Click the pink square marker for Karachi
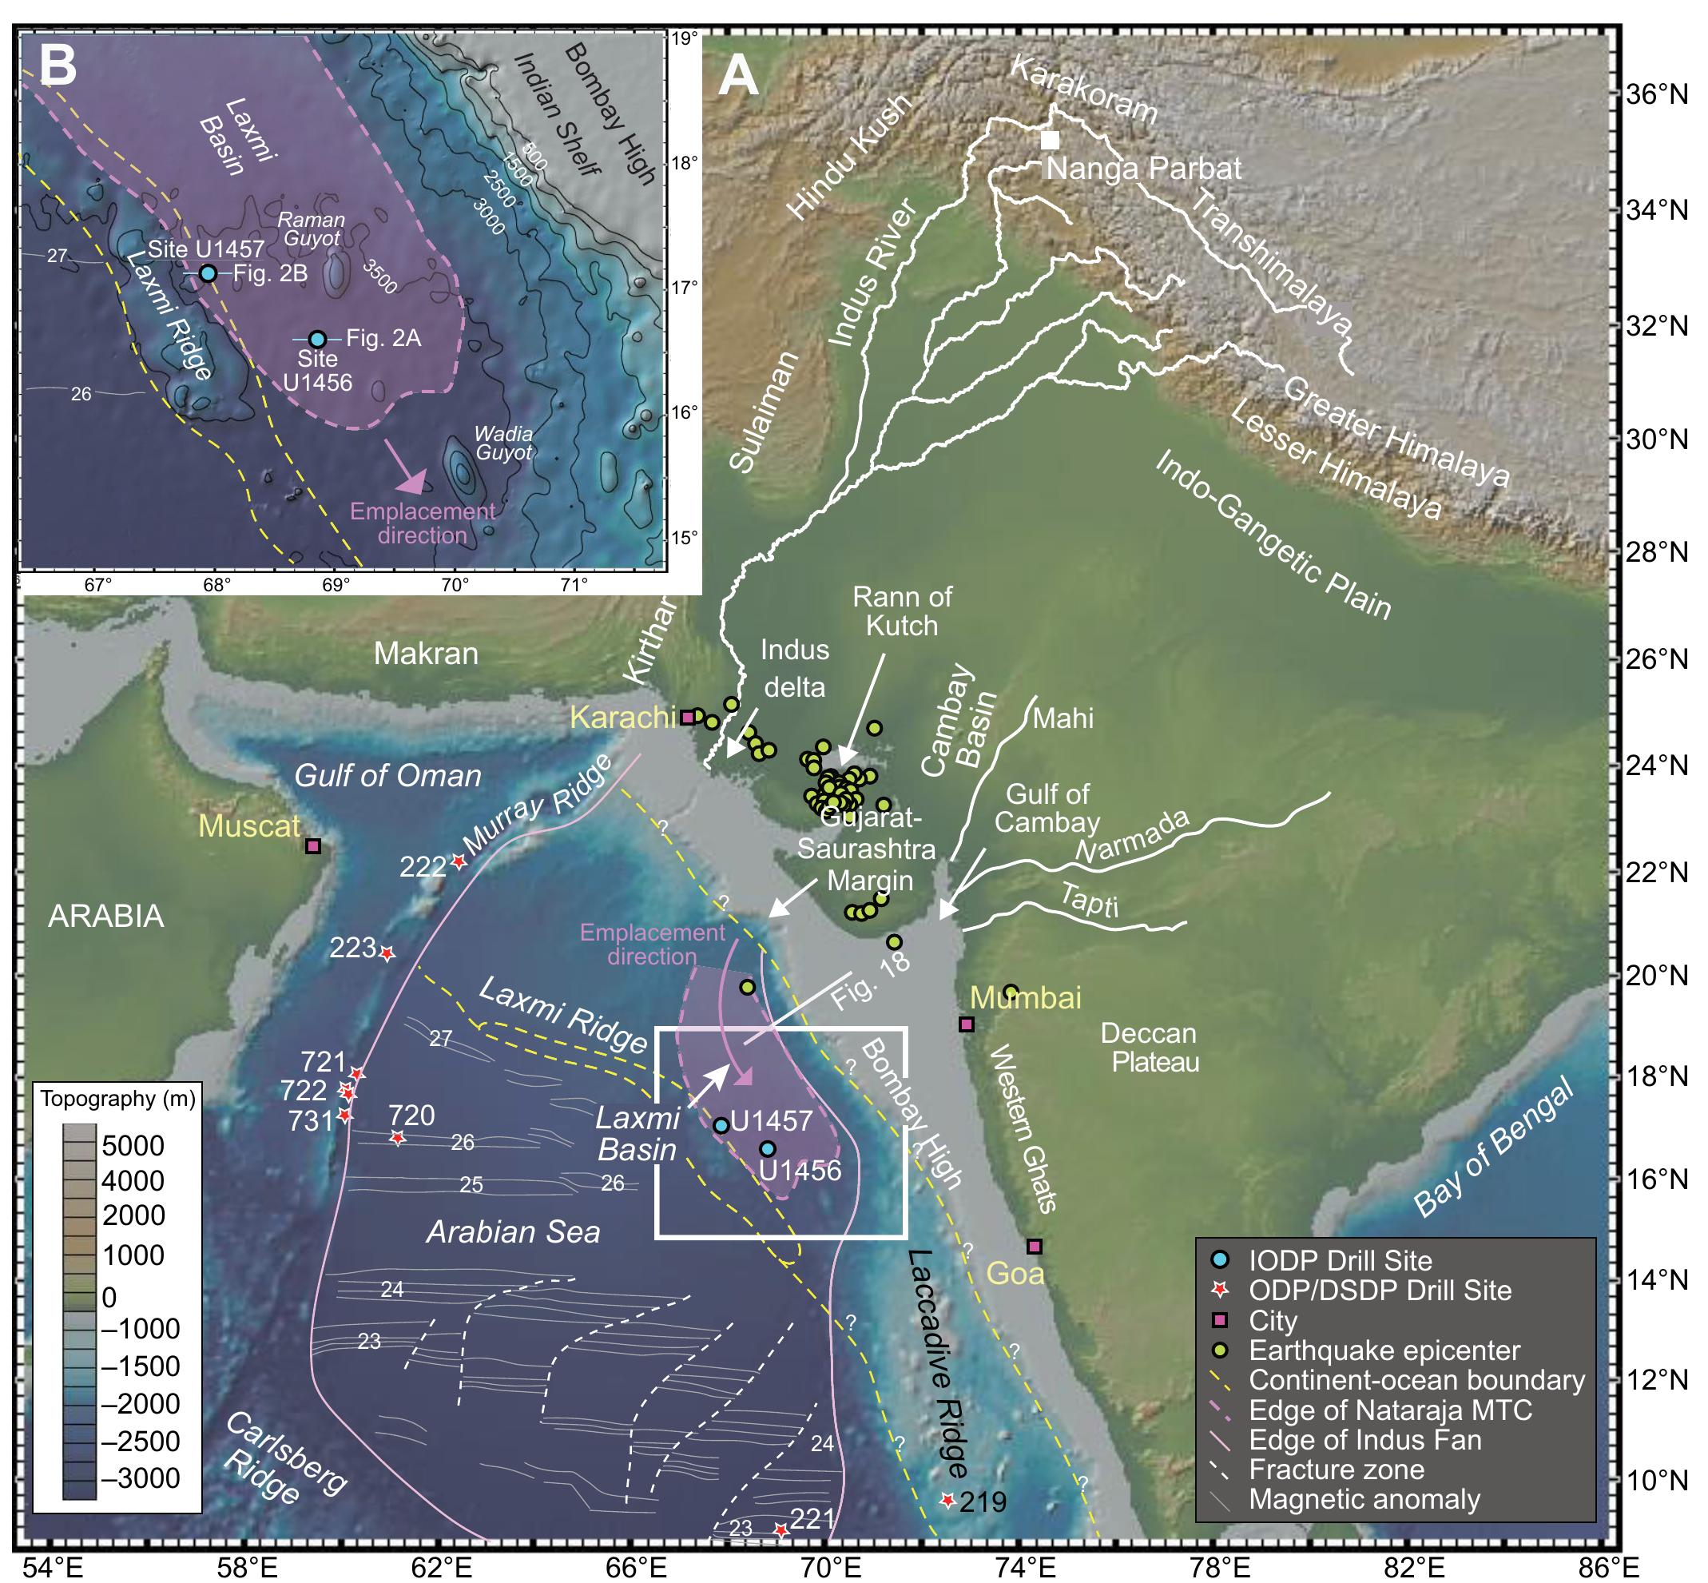click(688, 717)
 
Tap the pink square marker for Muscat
click(313, 846)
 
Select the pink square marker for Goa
click(1035, 1246)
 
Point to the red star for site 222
click(459, 861)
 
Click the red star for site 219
click(947, 1501)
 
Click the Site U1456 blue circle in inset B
click(318, 339)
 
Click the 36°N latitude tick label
click(1658, 94)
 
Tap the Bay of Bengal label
click(1494, 1147)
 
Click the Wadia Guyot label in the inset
click(503, 443)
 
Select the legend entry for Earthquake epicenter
click(1384, 1350)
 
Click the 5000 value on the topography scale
click(133, 1145)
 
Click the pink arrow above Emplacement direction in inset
click(404, 467)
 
